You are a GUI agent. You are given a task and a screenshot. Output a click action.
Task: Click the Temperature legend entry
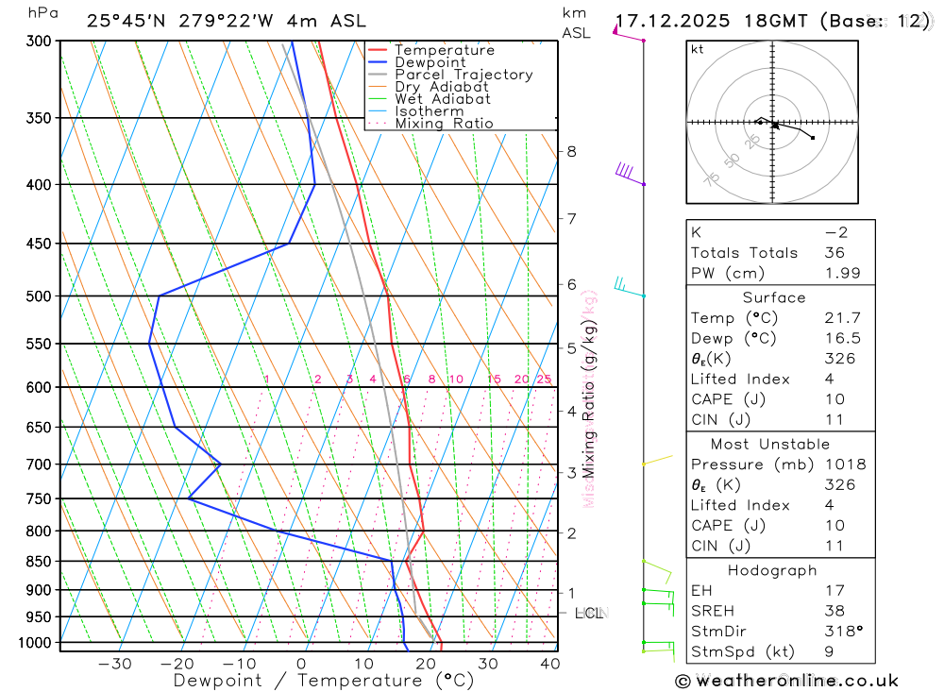pos(444,50)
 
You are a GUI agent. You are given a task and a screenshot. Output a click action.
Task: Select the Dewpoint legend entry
pos(430,62)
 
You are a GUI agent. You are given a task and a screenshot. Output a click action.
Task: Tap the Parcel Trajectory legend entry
pos(464,75)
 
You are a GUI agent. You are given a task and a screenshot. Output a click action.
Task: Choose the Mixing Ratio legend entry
pos(444,124)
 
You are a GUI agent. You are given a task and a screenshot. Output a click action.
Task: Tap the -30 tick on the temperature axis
pos(115,664)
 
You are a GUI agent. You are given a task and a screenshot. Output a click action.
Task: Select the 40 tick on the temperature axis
pos(549,664)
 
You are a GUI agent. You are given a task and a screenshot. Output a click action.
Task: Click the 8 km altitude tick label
pos(571,151)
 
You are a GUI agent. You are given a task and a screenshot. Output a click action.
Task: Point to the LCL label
pos(589,614)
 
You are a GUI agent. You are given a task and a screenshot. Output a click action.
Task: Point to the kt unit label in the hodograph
pos(698,49)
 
